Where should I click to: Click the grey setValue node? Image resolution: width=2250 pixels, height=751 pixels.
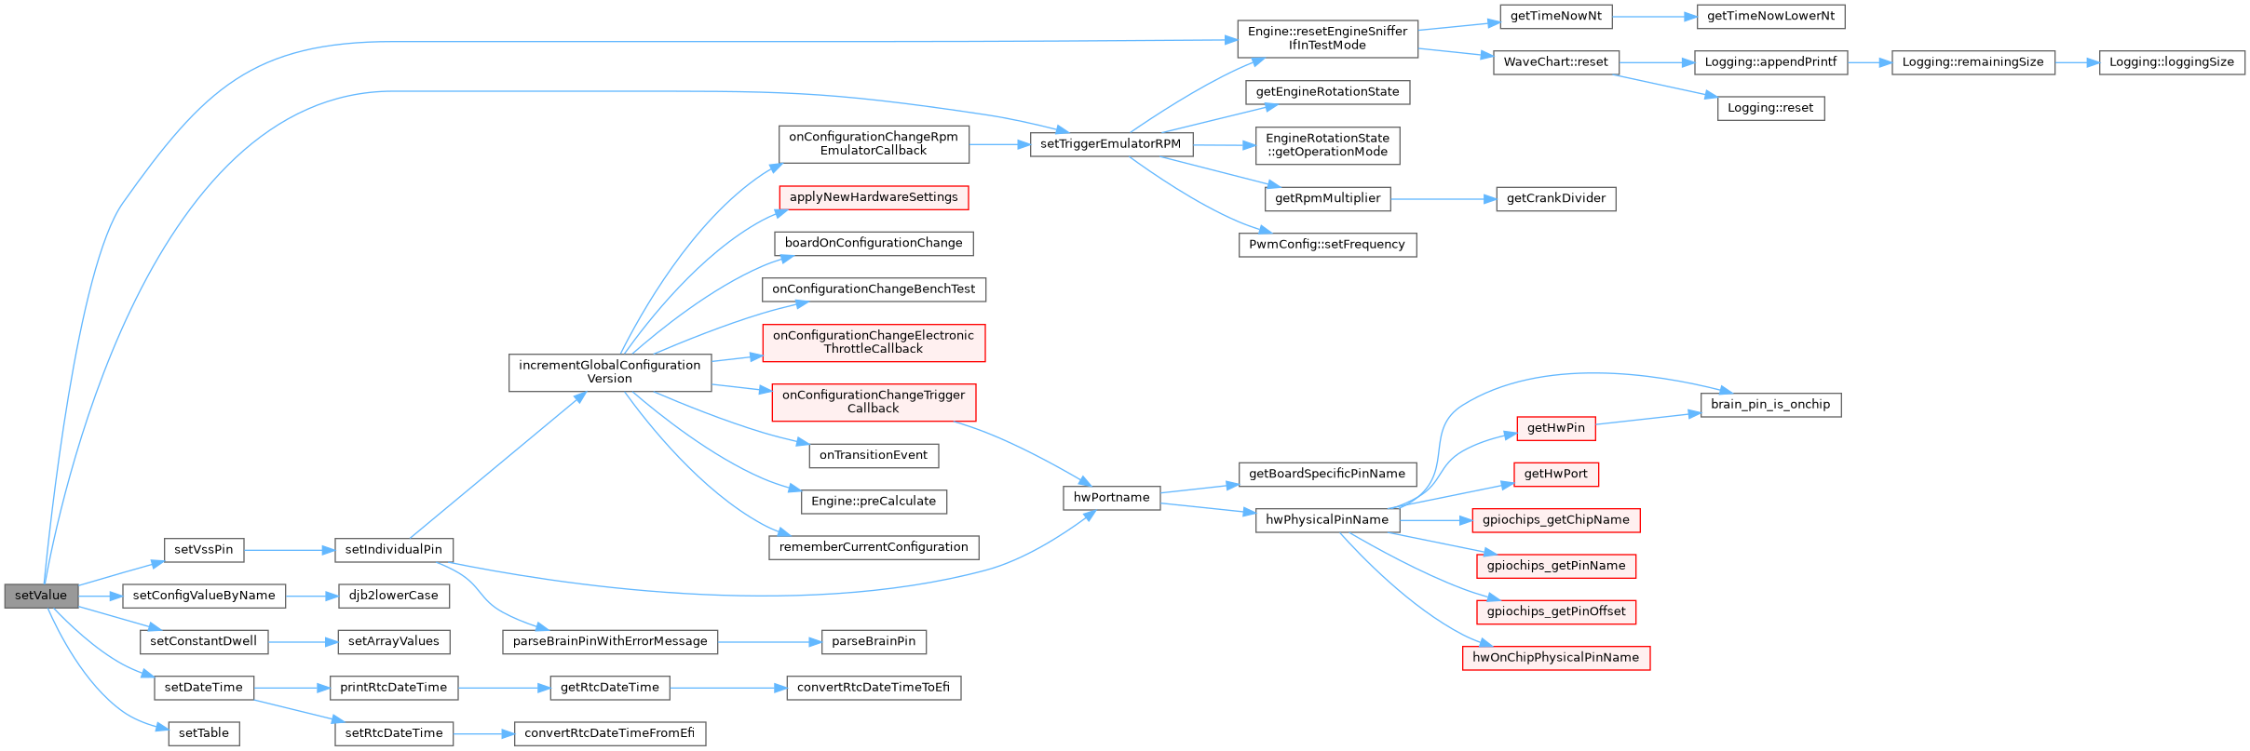41,596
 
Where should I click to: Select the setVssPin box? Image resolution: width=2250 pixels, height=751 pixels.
204,550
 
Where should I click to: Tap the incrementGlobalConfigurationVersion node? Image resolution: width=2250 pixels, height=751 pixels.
610,372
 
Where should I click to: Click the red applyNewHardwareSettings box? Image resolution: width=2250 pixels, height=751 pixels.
874,197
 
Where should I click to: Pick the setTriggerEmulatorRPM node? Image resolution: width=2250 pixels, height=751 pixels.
1111,144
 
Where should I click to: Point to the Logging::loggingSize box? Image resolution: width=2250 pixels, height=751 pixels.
2172,62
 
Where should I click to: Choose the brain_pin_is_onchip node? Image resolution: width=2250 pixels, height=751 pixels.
1770,405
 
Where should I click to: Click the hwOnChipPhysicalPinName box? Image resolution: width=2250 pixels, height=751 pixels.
1556,658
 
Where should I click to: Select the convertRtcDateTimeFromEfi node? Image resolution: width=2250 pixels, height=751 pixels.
610,733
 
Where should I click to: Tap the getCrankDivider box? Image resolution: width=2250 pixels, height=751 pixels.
1556,198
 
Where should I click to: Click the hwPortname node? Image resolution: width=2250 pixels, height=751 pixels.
1112,498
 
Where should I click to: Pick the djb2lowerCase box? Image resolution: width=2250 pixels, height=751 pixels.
394,596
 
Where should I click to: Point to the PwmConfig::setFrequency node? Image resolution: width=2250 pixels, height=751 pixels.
1327,245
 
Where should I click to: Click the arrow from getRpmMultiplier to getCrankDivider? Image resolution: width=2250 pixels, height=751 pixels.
1444,199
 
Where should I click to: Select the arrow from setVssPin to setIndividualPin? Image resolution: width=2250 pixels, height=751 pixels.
290,550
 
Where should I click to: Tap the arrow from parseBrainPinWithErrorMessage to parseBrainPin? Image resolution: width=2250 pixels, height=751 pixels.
769,642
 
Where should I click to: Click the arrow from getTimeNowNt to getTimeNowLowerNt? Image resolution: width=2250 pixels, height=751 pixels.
1655,17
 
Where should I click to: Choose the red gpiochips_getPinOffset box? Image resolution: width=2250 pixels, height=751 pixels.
1556,612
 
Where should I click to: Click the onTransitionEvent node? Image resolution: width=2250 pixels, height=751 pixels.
874,455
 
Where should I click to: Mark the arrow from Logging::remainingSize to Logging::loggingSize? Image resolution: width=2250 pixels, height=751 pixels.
2077,62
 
